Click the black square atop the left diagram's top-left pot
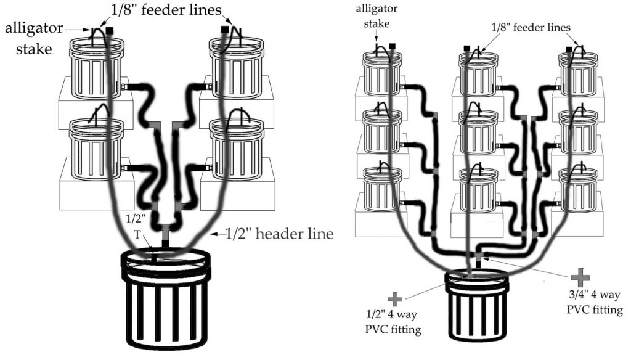point(110,30)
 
